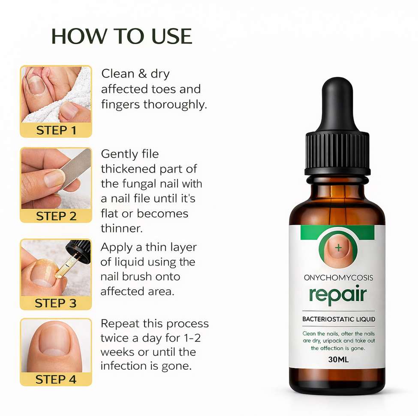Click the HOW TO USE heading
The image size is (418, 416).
point(122,36)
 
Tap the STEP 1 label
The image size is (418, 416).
point(56,131)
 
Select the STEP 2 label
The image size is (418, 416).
point(56,216)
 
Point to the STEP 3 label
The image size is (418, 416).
point(55,303)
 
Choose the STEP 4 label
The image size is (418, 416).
point(56,379)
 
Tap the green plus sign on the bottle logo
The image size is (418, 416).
point(338,248)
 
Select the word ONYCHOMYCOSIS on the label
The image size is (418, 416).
point(338,278)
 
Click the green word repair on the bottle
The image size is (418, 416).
point(338,295)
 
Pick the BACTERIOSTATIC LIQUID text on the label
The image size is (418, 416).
point(339,319)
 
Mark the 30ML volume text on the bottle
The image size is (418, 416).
point(338,360)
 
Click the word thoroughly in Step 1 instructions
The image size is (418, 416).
point(175,104)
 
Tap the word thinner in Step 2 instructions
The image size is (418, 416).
point(122,229)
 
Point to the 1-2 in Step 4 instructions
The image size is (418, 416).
point(192,338)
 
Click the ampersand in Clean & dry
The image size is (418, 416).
point(143,74)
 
